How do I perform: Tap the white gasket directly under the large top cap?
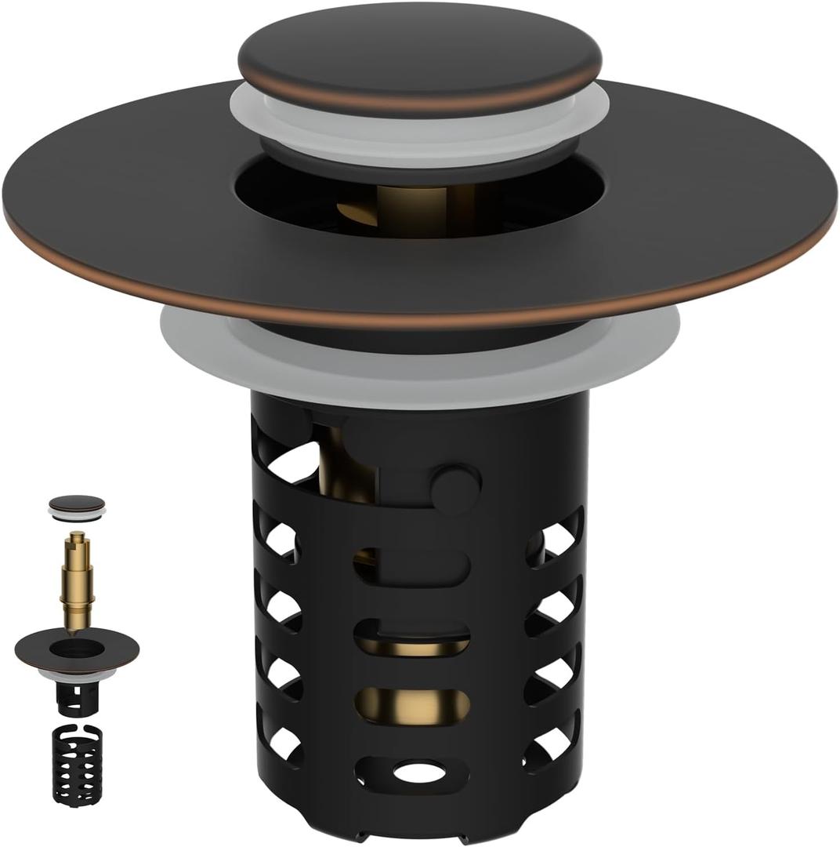pyautogui.click(x=419, y=125)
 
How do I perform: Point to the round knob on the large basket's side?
pyautogui.click(x=455, y=486)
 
